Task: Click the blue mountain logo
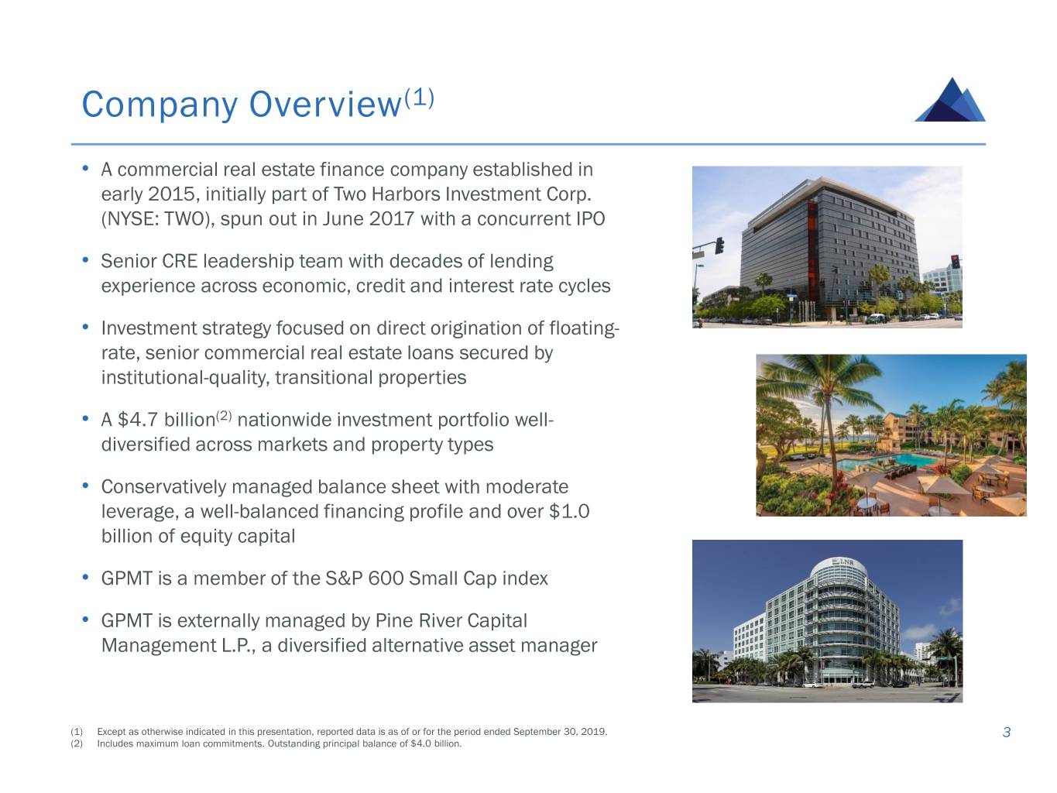click(x=950, y=101)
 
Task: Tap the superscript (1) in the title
click(x=418, y=98)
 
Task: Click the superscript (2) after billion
click(x=224, y=415)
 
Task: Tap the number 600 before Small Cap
click(x=386, y=579)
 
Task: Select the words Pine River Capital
click(x=451, y=621)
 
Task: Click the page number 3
click(x=1007, y=733)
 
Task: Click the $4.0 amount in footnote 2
click(x=420, y=744)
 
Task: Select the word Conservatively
click(x=163, y=487)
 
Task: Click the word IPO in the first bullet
click(x=591, y=219)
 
